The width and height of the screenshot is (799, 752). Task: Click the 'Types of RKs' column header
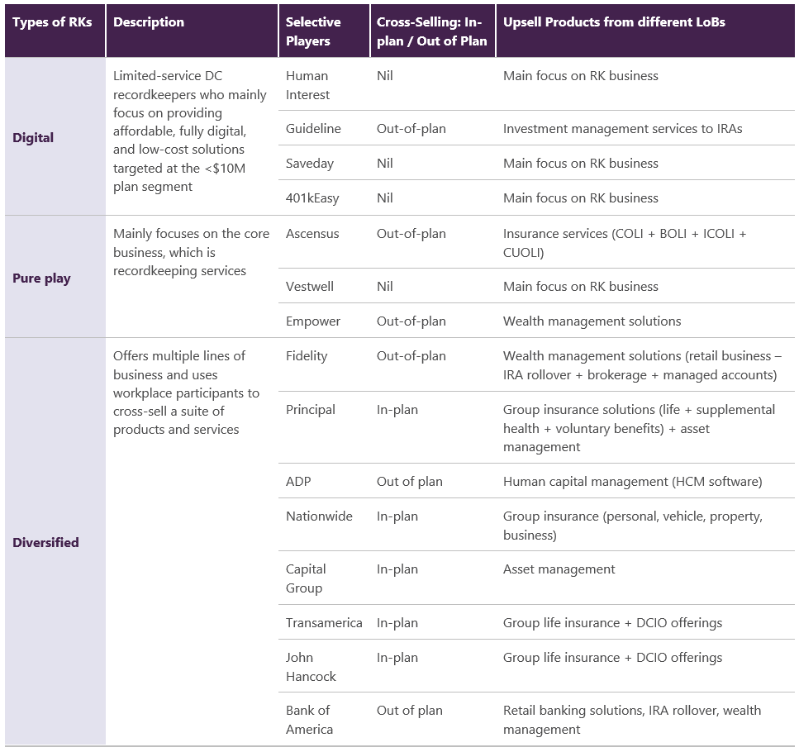(52, 22)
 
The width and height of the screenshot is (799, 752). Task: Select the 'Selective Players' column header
(313, 31)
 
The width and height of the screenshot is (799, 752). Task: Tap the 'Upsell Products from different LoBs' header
(614, 22)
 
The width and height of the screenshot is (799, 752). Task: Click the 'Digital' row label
(32, 137)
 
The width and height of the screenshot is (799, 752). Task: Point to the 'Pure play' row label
(41, 278)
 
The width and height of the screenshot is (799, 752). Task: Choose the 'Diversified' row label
(45, 542)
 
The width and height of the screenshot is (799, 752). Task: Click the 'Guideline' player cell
(313, 128)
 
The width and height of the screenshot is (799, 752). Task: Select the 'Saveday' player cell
(309, 164)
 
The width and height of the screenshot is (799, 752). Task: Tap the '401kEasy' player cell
(312, 198)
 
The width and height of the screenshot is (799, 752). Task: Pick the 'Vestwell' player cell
(309, 286)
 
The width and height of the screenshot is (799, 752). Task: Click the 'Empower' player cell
(313, 321)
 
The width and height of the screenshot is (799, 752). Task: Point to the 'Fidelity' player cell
(307, 356)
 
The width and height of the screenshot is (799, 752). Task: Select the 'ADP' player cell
(298, 482)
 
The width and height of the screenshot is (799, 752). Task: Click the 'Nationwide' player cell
(319, 516)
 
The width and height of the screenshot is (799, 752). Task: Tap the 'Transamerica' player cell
(324, 622)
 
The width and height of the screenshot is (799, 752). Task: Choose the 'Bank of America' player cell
(309, 720)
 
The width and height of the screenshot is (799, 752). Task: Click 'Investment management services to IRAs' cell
(622, 129)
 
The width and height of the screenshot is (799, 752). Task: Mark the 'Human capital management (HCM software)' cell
(632, 482)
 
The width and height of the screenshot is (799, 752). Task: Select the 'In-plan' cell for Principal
(397, 410)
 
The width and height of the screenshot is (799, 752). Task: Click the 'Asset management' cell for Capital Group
(559, 569)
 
